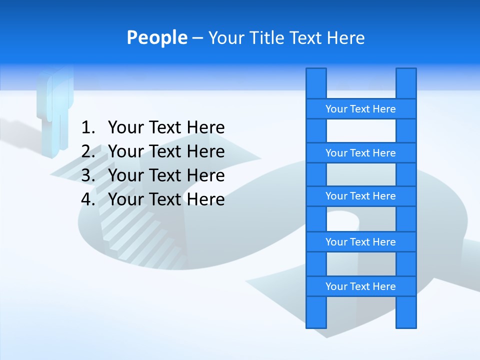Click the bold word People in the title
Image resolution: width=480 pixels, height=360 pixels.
(156, 37)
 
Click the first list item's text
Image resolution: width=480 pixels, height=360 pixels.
(166, 128)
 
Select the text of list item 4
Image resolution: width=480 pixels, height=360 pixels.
(166, 199)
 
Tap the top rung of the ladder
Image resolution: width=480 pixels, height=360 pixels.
(360, 109)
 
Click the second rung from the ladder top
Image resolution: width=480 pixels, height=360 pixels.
(360, 153)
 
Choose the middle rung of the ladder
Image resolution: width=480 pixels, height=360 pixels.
(360, 196)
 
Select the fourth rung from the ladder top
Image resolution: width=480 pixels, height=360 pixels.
(360, 242)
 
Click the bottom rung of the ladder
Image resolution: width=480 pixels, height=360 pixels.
(360, 286)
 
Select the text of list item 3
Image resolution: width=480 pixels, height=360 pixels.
(166, 175)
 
